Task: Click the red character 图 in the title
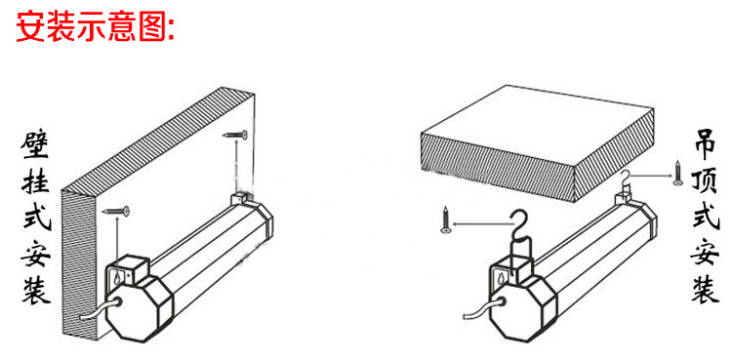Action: coord(152,26)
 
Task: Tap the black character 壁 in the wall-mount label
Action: coord(34,149)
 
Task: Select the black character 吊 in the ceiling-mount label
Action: coord(705,147)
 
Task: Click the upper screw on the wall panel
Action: coord(235,136)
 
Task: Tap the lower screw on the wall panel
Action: coord(115,212)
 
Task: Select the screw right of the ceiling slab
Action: coord(678,174)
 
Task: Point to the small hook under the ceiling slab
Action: coord(627,180)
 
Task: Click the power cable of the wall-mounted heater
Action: coord(99,310)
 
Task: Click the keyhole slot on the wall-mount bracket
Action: coord(116,279)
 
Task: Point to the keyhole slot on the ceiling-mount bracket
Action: coord(502,279)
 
